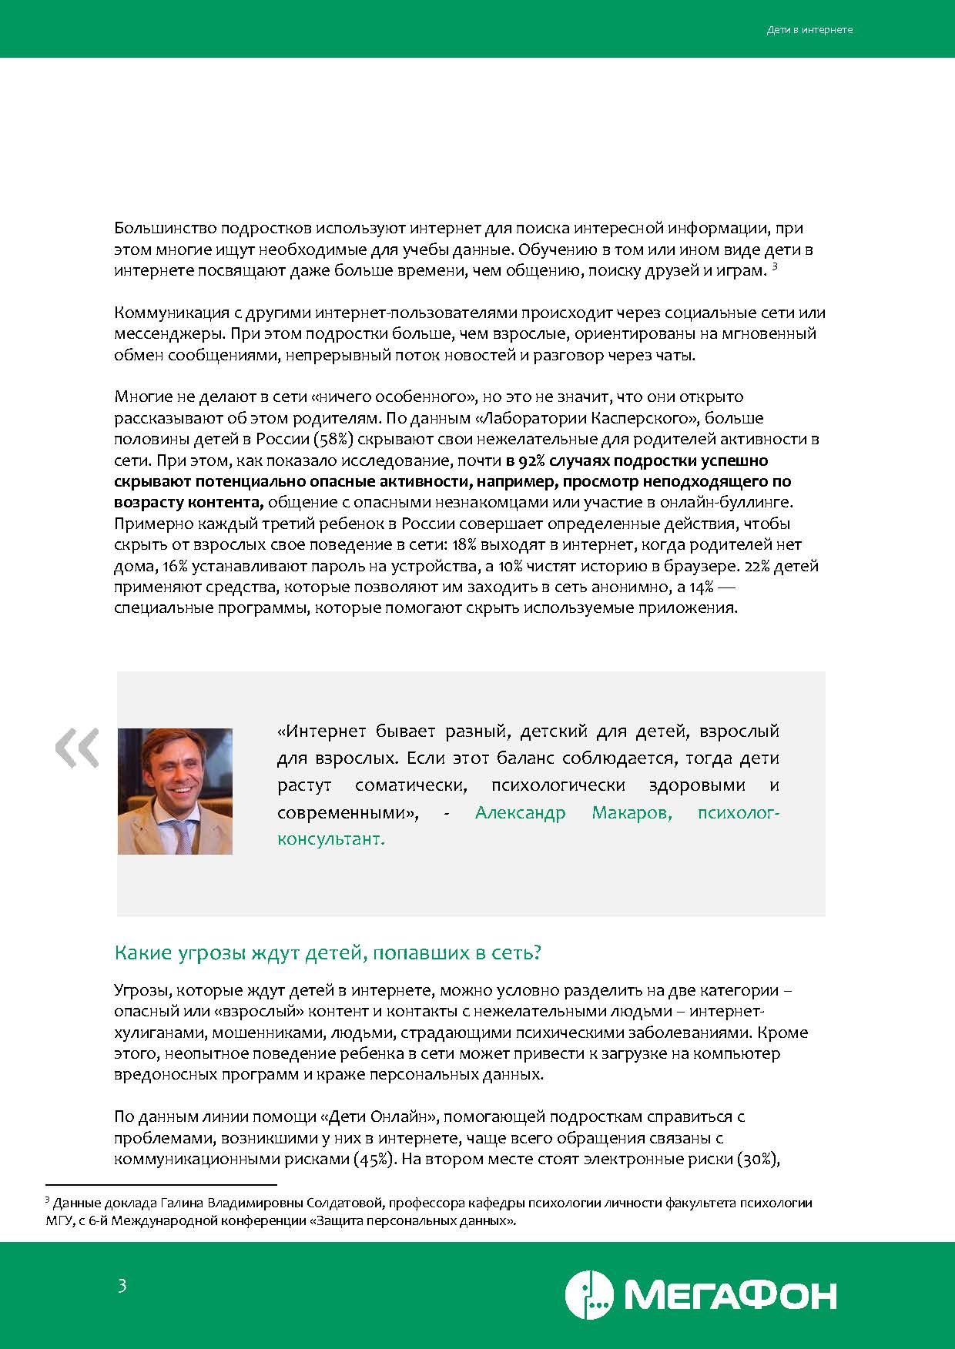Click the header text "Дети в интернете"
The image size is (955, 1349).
[x=809, y=30]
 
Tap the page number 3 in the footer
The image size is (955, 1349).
[x=122, y=1285]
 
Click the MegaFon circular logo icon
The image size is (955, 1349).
[x=589, y=1295]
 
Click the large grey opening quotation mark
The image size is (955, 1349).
[x=77, y=748]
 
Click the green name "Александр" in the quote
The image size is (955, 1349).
[x=520, y=812]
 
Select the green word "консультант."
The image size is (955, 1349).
[x=330, y=839]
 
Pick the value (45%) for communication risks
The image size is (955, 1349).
[x=375, y=1160]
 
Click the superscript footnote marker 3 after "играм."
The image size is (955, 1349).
[x=775, y=266]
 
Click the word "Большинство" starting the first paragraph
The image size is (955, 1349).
[x=165, y=229]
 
